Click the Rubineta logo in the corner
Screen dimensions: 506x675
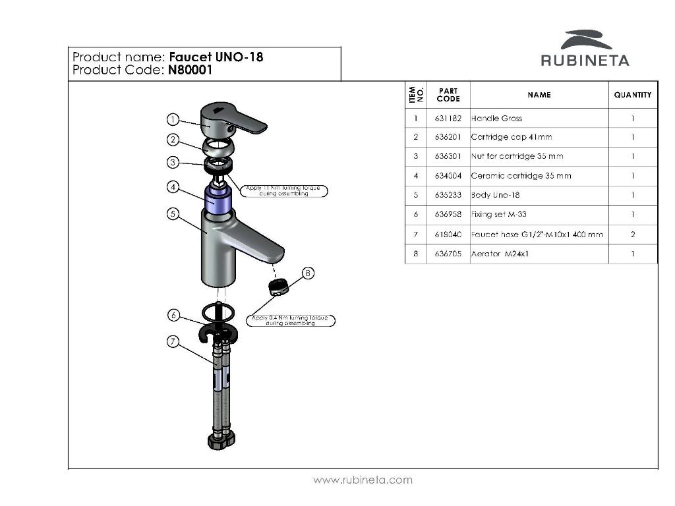(585, 49)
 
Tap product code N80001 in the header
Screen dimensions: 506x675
(190, 70)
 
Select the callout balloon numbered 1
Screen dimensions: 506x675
(172, 119)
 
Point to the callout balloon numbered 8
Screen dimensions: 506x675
(308, 273)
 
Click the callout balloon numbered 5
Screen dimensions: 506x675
(172, 214)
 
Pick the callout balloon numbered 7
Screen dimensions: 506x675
(172, 341)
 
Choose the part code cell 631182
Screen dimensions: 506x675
(448, 119)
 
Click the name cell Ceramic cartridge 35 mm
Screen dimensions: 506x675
(521, 176)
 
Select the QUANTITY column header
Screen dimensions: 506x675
(632, 95)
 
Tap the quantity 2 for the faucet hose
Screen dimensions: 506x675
(633, 235)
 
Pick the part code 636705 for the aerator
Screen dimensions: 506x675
(448, 254)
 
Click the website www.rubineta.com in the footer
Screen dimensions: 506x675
(363, 480)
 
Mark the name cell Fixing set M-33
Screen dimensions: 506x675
(498, 215)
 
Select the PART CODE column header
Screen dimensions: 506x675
(448, 95)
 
